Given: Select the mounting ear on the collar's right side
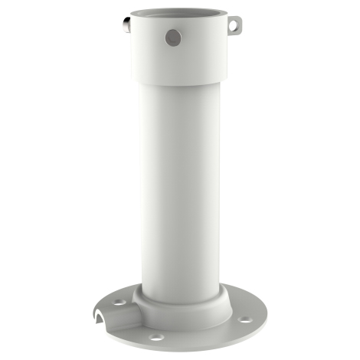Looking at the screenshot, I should point(235,25).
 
